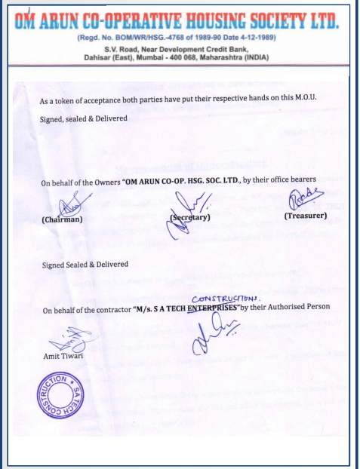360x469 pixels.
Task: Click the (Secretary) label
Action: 192,217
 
